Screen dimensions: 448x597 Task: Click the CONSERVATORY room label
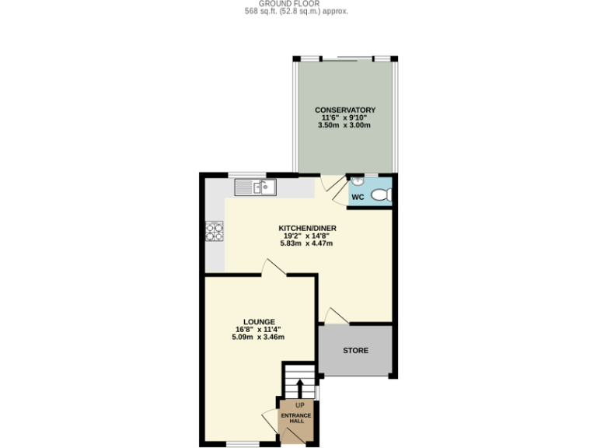pos(345,110)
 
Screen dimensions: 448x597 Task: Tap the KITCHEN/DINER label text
pos(306,228)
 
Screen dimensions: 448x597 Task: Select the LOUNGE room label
pos(259,321)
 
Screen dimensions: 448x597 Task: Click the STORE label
pos(356,351)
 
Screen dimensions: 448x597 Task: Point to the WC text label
pos(358,198)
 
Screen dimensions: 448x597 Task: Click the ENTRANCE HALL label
pos(296,418)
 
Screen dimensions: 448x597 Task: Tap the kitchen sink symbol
pos(255,187)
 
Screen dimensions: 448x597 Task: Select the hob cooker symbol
pos(214,231)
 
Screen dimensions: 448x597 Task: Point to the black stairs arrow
pos(299,387)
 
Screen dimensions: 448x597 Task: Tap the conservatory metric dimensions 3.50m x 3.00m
pos(345,126)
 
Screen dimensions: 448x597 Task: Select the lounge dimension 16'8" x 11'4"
pos(259,329)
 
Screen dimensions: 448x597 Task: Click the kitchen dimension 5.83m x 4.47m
pos(306,243)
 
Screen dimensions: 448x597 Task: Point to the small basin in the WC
pos(358,181)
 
